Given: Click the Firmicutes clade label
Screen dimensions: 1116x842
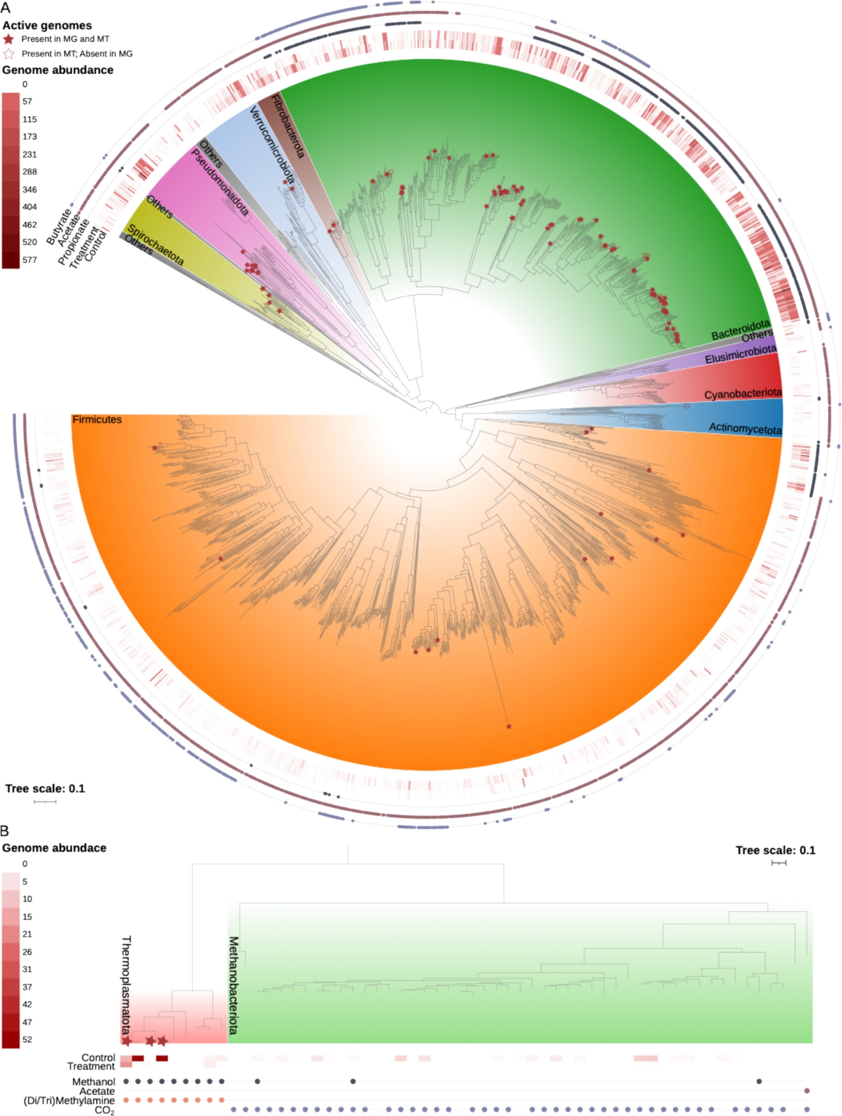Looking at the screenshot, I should [x=96, y=420].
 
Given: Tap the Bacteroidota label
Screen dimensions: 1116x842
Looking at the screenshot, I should [x=740, y=330].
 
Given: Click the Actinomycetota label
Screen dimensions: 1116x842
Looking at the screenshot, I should [x=745, y=429].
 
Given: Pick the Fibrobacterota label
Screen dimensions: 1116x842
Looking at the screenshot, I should [x=288, y=127].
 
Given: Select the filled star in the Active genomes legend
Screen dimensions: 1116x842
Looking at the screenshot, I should [x=8, y=39].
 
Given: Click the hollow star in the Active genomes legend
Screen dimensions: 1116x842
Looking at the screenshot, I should [x=8, y=54].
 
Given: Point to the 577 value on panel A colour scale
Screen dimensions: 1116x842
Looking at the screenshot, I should [x=30, y=259].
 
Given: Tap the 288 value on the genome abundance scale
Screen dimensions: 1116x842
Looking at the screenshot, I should [x=30, y=172].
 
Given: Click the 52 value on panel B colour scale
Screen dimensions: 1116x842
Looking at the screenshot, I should [x=27, y=1040].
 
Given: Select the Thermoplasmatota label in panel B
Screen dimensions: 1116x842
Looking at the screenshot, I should [x=127, y=985].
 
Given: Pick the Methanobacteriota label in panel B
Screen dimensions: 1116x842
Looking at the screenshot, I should [x=234, y=985].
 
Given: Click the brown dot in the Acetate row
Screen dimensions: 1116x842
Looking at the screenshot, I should [x=807, y=1091].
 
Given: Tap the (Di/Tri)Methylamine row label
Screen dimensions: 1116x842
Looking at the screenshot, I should [x=69, y=1100].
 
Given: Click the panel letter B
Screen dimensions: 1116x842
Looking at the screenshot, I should [x=5, y=831].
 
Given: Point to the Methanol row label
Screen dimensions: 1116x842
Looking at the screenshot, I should [x=93, y=1082].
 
